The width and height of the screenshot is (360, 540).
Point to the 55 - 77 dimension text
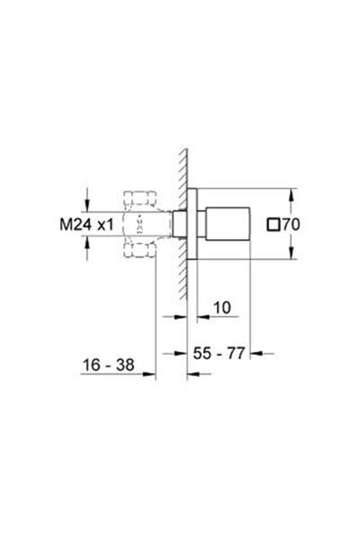coord(221,356)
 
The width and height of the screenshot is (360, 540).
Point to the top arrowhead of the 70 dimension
coord(292,193)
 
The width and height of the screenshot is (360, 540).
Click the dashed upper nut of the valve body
coord(141,198)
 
